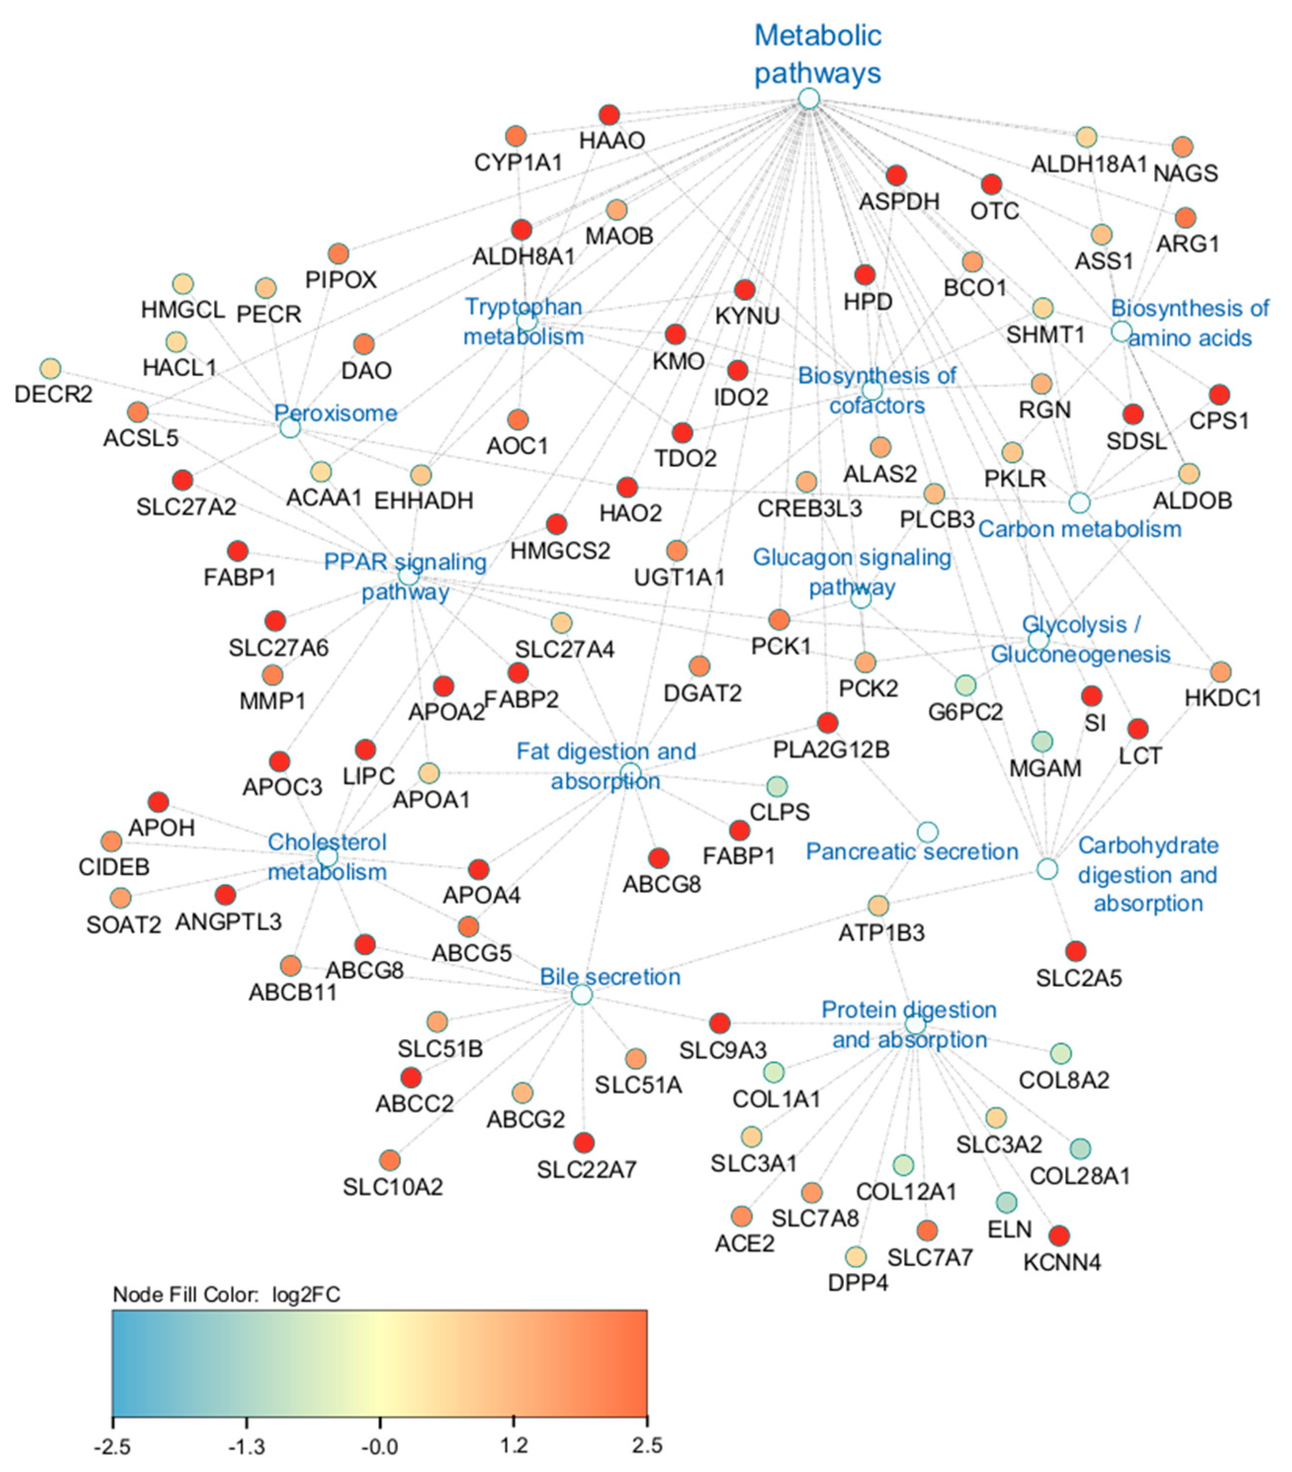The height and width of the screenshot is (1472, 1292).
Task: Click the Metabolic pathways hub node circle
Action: pos(809,98)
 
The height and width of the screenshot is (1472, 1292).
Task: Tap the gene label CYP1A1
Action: pos(517,163)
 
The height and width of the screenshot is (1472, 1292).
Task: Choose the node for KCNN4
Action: pos(1058,1236)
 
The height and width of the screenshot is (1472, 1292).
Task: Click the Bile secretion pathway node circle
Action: pos(582,995)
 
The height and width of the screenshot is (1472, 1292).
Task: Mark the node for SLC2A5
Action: pos(1076,951)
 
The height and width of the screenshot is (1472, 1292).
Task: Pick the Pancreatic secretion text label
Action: pos(911,851)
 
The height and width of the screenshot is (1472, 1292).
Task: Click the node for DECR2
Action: pos(50,368)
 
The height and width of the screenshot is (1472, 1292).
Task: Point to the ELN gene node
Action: pos(1006,1201)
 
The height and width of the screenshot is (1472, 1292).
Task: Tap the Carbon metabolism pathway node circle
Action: pos(1079,503)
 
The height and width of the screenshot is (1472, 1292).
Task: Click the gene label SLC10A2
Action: pos(392,1186)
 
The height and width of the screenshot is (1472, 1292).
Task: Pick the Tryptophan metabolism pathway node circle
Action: pos(527,321)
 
